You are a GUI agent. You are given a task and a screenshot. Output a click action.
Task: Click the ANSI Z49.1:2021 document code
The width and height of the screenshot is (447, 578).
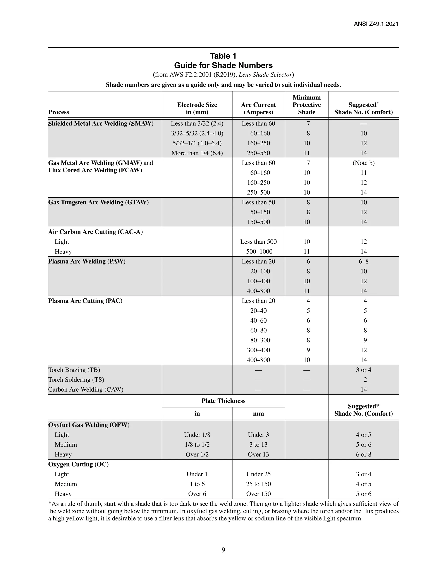click(x=376, y=24)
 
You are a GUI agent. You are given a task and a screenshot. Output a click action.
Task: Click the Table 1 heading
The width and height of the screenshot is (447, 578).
click(x=223, y=56)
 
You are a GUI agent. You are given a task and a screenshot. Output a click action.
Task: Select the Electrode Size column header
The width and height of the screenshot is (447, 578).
click(x=197, y=108)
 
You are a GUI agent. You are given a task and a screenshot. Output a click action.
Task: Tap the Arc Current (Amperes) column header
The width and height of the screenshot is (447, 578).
click(x=258, y=108)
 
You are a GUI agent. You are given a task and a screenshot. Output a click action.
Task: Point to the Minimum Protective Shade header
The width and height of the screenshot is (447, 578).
click(x=306, y=105)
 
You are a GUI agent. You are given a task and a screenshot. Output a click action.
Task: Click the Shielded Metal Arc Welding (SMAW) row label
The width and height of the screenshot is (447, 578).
click(x=101, y=124)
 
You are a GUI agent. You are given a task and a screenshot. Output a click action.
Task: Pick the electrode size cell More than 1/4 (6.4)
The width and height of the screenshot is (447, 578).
click(x=197, y=153)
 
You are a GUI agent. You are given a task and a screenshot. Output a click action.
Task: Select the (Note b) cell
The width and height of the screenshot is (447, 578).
click(x=363, y=163)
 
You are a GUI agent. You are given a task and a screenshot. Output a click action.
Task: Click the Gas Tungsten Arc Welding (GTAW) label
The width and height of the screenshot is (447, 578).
click(x=98, y=202)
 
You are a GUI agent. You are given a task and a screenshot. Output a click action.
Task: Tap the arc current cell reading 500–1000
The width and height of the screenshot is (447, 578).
click(x=258, y=252)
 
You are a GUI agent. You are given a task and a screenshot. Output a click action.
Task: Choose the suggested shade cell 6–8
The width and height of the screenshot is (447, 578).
click(x=363, y=262)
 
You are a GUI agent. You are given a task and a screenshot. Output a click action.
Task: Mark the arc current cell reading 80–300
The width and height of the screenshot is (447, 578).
click(x=258, y=340)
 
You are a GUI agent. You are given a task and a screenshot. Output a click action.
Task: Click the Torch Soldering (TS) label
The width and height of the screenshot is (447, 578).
click(x=76, y=380)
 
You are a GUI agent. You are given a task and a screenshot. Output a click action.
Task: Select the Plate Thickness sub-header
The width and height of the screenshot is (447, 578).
click(x=223, y=401)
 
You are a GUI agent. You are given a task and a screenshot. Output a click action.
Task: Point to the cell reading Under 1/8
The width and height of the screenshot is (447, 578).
click(x=197, y=435)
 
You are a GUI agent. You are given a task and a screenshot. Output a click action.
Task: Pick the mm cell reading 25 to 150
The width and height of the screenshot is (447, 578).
click(x=258, y=484)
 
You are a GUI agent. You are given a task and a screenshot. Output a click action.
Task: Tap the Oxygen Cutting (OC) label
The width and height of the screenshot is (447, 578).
click(x=78, y=464)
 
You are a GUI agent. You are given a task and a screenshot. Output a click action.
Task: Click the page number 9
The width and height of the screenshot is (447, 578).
click(x=223, y=550)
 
